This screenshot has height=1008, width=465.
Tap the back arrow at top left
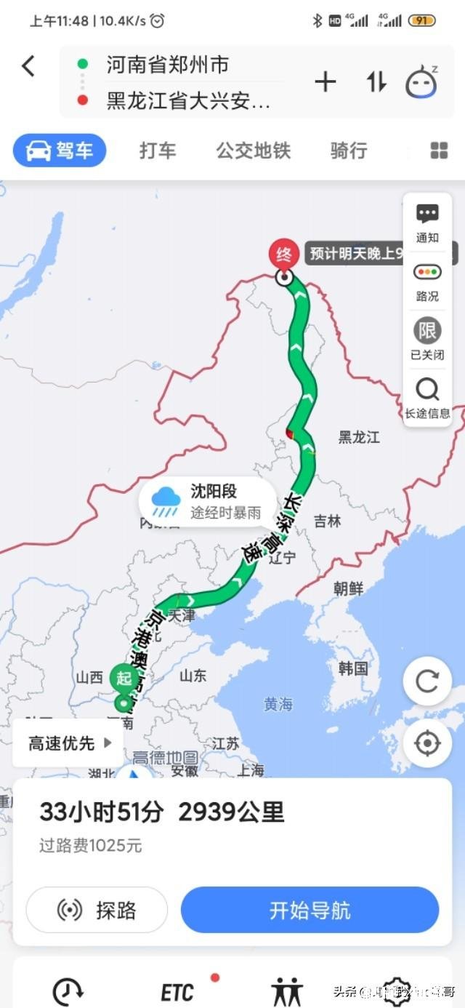(x=28, y=66)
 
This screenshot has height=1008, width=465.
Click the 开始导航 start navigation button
(x=310, y=910)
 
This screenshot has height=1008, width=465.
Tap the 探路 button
(x=97, y=910)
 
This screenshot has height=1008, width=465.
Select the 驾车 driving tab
(x=60, y=151)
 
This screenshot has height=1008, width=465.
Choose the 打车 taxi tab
(x=158, y=151)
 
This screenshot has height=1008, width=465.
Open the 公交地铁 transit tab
(x=253, y=151)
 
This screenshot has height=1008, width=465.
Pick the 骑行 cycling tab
(x=349, y=151)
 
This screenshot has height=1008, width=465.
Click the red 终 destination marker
(x=284, y=255)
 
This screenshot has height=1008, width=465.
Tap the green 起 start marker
(x=124, y=679)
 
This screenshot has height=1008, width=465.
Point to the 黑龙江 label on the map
(x=359, y=437)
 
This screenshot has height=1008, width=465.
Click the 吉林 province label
(x=328, y=521)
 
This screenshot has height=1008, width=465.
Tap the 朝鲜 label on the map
(x=349, y=588)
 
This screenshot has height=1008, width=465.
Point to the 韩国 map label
(x=353, y=668)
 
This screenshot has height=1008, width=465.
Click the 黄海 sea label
(x=278, y=703)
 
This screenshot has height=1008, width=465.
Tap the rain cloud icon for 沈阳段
(x=166, y=501)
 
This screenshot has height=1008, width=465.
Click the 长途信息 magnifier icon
(x=427, y=391)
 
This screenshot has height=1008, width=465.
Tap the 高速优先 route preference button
(x=70, y=743)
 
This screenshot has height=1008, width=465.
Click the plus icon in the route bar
(x=325, y=82)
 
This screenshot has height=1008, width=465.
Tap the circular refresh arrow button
(x=427, y=681)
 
